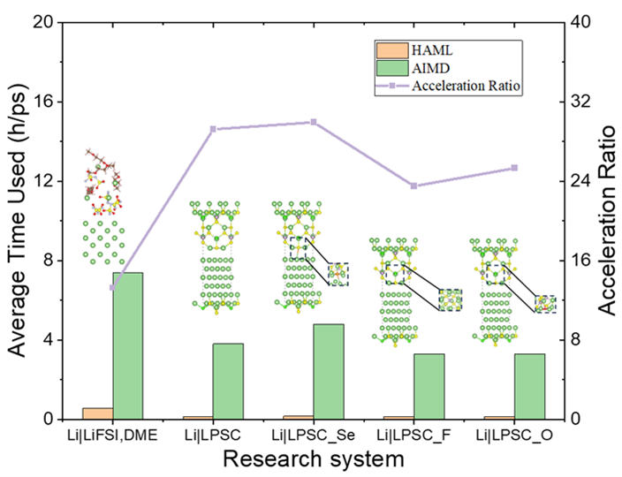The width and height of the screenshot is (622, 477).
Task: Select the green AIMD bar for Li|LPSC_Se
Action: [329, 371]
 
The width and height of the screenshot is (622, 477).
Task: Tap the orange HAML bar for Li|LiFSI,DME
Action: [97, 413]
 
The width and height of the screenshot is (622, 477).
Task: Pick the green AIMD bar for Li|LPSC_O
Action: [529, 386]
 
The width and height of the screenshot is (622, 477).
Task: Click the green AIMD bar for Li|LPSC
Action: [228, 381]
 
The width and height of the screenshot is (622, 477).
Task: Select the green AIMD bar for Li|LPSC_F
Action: [429, 386]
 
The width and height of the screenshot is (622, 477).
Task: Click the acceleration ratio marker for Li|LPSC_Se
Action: [314, 122]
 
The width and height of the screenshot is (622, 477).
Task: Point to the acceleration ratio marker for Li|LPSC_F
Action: [413, 185]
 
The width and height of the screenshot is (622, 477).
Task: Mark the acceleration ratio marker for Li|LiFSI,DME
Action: [112, 288]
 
